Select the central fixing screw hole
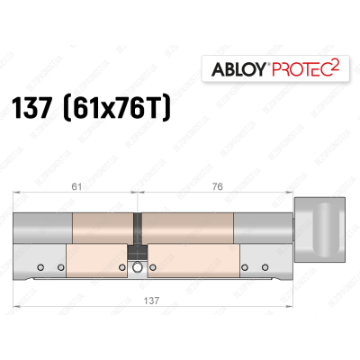point(138,268)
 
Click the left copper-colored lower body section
point(94,263)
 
